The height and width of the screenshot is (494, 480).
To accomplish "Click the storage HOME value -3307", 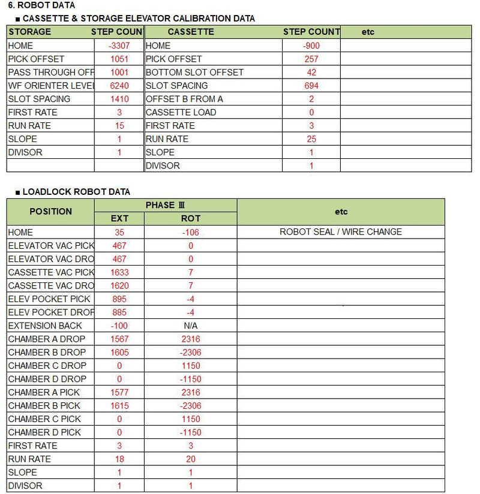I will (x=119, y=46).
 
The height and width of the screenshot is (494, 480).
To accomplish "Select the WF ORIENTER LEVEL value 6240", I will (x=119, y=86).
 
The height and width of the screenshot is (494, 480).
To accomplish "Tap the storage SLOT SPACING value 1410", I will (x=119, y=99).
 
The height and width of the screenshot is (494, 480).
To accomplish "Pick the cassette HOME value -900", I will (x=311, y=46).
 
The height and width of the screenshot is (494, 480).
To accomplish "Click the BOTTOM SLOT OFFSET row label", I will (x=194, y=73).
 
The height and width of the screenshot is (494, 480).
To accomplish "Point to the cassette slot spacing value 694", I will (x=311, y=86).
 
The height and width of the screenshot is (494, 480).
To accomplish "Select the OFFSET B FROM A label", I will (x=184, y=99).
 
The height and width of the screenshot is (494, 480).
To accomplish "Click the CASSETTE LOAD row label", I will (x=181, y=112).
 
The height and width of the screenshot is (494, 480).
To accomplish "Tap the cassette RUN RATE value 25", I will (x=311, y=139).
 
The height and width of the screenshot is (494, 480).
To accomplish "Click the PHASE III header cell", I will (x=165, y=205).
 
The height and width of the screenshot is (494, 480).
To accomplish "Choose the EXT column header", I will (x=119, y=218).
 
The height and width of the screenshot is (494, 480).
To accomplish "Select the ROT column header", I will (x=191, y=218).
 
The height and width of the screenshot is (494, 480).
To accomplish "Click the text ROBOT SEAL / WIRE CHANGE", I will (x=341, y=232).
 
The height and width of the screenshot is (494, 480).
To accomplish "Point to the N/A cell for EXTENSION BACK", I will (x=191, y=326).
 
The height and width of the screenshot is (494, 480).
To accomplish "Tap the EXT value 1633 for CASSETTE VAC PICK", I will (x=119, y=272).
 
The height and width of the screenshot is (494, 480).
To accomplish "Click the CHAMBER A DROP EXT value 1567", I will (x=119, y=339).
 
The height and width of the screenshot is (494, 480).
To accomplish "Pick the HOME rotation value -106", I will (x=191, y=232).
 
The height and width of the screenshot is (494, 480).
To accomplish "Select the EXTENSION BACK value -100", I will (x=119, y=326).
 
